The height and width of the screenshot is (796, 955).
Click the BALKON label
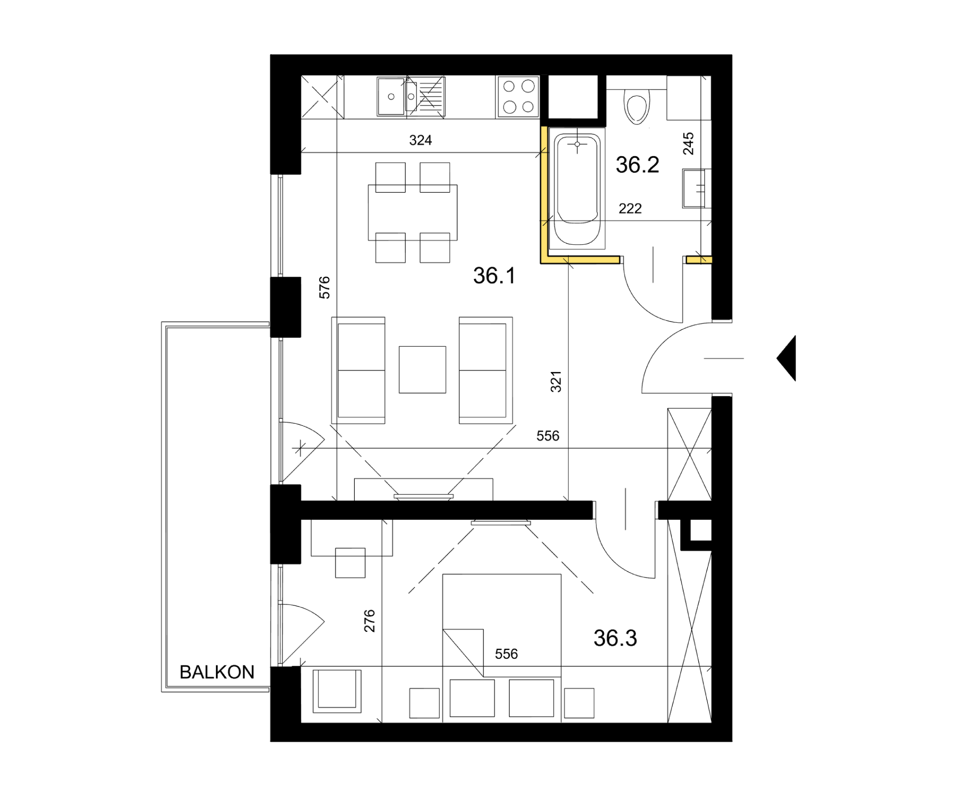click(217, 673)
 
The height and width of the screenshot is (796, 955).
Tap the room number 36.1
click(494, 276)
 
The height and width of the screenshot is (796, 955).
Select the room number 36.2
click(637, 165)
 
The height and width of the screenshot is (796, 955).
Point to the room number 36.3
click(615, 638)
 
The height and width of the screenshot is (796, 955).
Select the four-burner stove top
click(518, 97)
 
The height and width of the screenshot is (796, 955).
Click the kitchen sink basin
click(391, 97)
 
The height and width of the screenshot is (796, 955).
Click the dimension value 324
click(420, 140)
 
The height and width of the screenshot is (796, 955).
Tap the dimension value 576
click(324, 288)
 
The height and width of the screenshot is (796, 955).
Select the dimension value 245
click(688, 143)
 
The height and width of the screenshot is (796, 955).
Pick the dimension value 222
click(630, 208)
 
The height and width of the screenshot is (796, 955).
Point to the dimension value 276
click(369, 621)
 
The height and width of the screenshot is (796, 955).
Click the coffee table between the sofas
click(422, 370)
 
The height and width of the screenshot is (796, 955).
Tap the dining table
click(412, 212)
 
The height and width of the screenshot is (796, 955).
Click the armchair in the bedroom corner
click(337, 689)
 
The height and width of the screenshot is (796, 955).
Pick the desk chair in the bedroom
click(350, 563)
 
